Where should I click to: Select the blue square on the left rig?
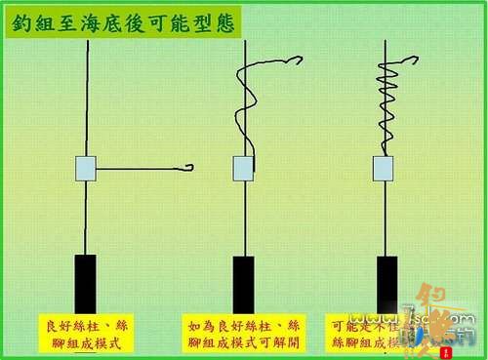point(85,168)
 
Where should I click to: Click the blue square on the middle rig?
point(243,168)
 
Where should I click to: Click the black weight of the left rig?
point(86,284)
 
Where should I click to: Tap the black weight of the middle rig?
point(243,284)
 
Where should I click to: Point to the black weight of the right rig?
point(387,284)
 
